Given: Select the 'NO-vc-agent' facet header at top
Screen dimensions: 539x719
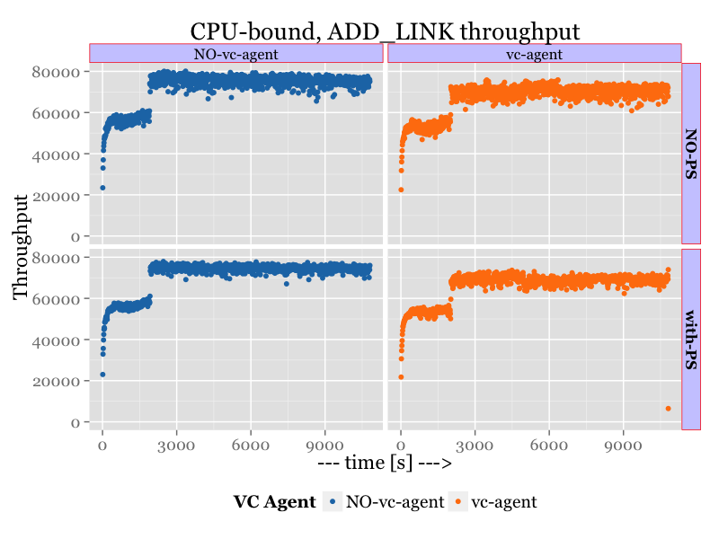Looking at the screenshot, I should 236,54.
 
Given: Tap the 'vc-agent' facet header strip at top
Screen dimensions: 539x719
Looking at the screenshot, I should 534,54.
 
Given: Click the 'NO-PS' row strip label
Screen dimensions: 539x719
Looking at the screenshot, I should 691,153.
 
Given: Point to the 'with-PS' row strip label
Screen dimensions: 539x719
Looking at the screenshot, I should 691,339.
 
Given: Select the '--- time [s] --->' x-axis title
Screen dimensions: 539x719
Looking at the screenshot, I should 385,464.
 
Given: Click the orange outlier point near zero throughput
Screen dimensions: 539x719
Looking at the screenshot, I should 668,409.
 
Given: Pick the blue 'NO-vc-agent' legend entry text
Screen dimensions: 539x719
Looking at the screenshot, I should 395,502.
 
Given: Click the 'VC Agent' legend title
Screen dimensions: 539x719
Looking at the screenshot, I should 274,502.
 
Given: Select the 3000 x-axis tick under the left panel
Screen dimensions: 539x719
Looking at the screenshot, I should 176,444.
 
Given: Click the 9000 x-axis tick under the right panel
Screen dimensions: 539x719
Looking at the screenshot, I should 622,444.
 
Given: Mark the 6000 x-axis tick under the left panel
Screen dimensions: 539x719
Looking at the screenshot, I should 251,444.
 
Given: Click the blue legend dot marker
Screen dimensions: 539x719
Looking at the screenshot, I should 333,502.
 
